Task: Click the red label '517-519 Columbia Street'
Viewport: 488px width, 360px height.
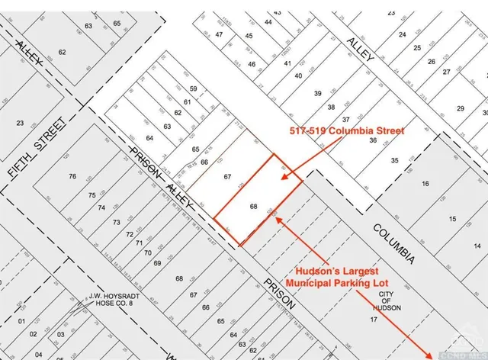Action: pos(346,130)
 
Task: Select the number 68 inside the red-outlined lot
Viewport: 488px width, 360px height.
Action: pos(254,206)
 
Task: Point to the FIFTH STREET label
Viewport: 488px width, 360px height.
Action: pos(36,151)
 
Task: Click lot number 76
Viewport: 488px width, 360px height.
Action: pos(72,177)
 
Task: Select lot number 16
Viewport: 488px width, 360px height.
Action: pos(425,183)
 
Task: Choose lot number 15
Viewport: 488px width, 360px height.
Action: pos(452,219)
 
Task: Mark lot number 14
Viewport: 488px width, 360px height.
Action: pos(477,245)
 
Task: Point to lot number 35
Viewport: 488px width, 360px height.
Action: pos(394,160)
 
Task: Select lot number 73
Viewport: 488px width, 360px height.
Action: pos(117,222)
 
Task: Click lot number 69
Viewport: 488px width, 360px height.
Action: pos(157,262)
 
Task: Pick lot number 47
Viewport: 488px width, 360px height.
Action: pos(219,34)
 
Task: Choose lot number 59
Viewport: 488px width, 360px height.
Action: pos(194,89)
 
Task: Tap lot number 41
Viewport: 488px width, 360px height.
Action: pos(287,63)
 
